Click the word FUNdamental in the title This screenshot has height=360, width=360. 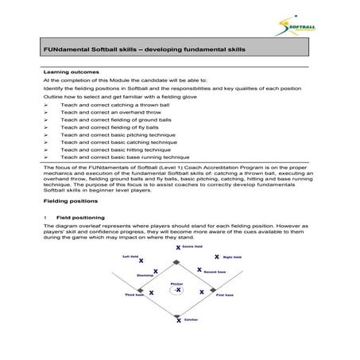pos(63,48)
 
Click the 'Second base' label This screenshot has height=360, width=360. pos(217,273)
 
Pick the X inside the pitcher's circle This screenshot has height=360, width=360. pos(179,290)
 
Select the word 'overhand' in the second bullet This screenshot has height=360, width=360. pos(112,112)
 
